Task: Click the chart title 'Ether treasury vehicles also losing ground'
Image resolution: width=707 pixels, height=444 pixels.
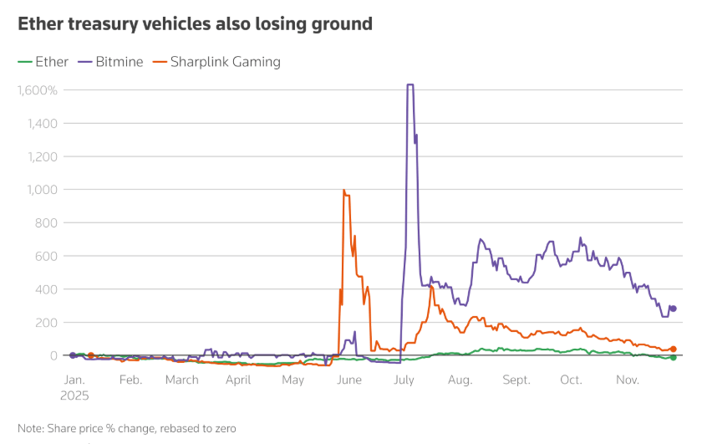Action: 195,23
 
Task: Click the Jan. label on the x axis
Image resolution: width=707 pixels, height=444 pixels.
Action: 73,380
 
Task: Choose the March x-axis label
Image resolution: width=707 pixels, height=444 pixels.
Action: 181,380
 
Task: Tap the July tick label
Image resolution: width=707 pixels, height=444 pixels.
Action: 404,380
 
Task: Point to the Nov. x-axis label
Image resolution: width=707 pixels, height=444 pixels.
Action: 627,380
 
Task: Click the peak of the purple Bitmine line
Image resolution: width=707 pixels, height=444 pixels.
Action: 410,84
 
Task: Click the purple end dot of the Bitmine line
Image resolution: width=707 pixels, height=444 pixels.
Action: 674,309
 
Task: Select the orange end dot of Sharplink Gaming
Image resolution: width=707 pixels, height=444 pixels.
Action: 674,350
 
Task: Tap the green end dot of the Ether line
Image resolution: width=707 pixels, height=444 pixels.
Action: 674,357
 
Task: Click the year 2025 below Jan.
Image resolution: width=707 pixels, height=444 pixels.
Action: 74,396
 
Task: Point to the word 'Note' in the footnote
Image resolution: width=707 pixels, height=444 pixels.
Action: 31,428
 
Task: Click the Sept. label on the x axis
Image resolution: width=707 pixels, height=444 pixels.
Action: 516,380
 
